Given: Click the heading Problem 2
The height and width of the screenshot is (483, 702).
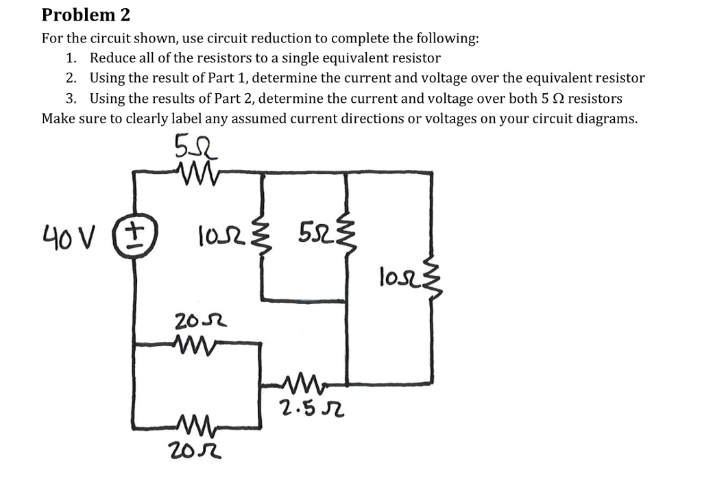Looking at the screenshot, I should click(x=86, y=14).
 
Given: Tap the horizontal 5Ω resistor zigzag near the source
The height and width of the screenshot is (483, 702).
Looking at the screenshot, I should click(x=196, y=172).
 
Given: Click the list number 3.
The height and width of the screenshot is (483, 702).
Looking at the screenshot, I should click(x=71, y=98).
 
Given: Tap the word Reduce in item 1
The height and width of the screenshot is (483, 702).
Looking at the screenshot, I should click(x=112, y=58).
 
